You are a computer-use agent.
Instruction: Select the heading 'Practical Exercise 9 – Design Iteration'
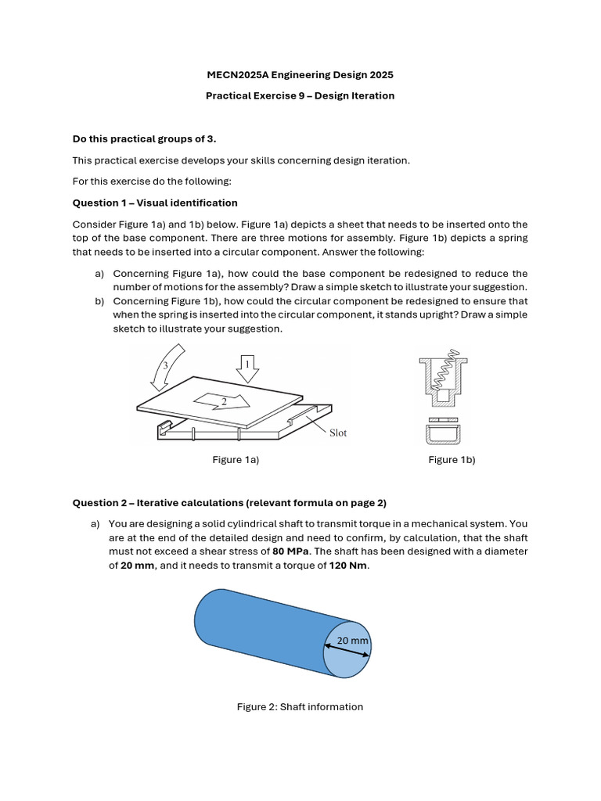(300, 95)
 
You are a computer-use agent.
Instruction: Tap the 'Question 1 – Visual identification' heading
(155, 203)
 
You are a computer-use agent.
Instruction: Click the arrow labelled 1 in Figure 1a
(247, 367)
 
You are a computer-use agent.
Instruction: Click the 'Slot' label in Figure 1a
(337, 433)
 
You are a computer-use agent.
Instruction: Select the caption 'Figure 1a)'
(236, 460)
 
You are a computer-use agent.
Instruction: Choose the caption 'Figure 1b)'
(452, 460)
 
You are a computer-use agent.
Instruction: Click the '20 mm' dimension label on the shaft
(352, 641)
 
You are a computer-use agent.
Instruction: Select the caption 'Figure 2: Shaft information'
(300, 706)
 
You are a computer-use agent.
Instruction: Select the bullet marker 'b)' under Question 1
(99, 301)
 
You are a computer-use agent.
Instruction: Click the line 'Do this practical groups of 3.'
(144, 139)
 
